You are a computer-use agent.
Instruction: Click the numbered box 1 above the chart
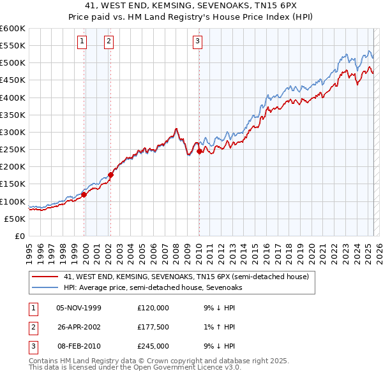83,42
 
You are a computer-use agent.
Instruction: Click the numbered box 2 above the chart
109,42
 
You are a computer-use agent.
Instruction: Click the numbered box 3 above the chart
197,42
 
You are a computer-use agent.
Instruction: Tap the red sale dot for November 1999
84,195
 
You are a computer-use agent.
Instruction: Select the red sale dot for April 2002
110,174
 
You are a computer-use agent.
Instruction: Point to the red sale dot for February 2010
199,151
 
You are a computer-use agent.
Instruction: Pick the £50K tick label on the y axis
15,219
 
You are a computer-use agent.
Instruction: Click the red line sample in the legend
44,277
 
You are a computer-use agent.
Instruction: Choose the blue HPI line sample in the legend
44,287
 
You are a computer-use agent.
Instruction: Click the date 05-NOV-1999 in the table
79,308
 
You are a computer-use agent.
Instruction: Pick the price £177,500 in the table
153,327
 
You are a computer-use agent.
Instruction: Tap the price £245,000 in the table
153,346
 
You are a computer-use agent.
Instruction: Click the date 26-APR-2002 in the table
79,327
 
